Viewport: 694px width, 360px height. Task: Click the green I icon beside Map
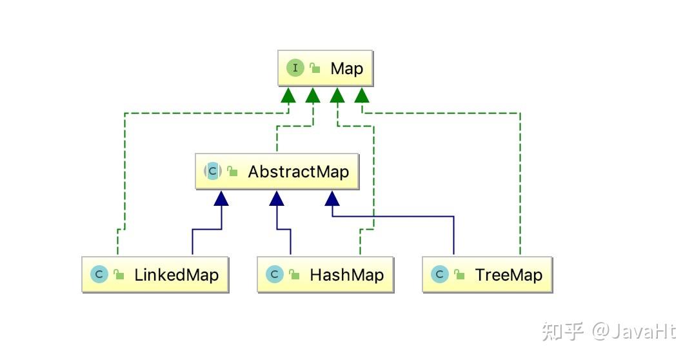tap(295, 68)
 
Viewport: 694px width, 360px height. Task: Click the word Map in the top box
tap(346, 68)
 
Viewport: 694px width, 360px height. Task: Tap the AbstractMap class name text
tap(298, 172)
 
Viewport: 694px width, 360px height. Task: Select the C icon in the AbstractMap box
tap(213, 172)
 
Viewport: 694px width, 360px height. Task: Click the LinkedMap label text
tap(176, 275)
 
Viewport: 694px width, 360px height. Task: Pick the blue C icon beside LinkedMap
tap(99, 275)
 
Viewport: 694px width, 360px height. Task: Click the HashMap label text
tap(346, 275)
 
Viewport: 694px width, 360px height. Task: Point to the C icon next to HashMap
tap(274, 275)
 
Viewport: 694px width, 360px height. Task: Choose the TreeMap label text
tap(508, 275)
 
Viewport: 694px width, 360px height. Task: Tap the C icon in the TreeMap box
tap(439, 275)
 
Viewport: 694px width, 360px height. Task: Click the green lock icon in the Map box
tap(315, 68)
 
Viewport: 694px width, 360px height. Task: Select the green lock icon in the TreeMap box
tap(459, 275)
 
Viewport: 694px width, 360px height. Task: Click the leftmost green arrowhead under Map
tap(288, 95)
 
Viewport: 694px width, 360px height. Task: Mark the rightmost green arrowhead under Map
tap(361, 95)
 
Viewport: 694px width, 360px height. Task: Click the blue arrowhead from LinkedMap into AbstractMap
tap(221, 198)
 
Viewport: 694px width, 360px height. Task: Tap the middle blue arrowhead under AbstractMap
tap(277, 198)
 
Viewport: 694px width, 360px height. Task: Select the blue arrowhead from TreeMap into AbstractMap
tap(332, 198)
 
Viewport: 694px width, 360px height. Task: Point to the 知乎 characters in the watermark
tap(562, 331)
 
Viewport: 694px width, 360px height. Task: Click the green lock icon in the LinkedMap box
tap(119, 275)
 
